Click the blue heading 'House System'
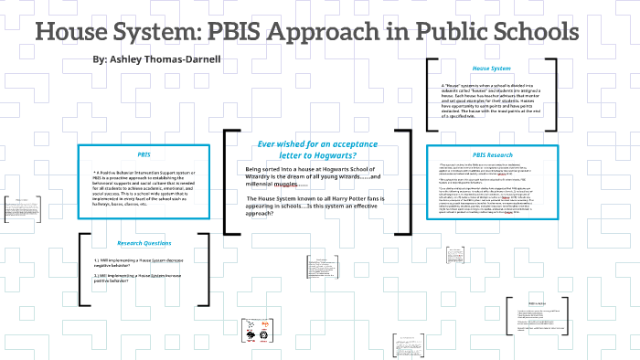click(x=491, y=69)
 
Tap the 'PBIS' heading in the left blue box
click(x=144, y=154)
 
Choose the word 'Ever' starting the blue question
click(x=268, y=143)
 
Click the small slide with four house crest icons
click(x=256, y=331)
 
